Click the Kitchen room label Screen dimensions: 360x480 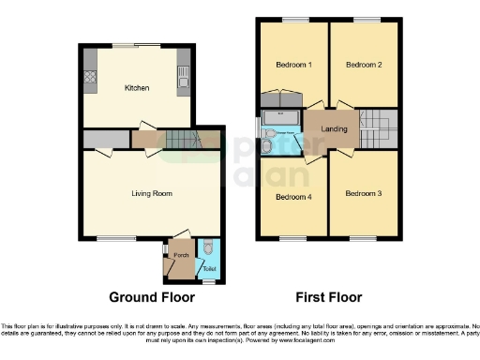pyautogui.click(x=138, y=88)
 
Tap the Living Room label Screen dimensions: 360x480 pyautogui.click(x=151, y=194)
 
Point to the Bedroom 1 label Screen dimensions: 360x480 pyautogui.click(x=293, y=65)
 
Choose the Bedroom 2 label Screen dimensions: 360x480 pyautogui.click(x=364, y=65)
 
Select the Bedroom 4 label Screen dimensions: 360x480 pyautogui.click(x=293, y=197)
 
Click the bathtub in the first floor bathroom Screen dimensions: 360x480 pyautogui.click(x=280, y=116)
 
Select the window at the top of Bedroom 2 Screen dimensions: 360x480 pyautogui.click(x=367, y=20)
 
